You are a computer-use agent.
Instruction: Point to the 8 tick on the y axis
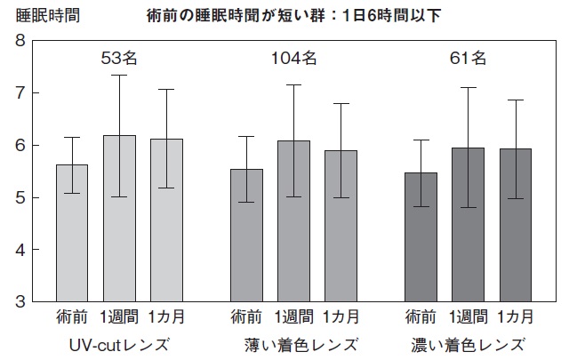click(20, 41)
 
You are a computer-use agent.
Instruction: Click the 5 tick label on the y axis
click(20, 197)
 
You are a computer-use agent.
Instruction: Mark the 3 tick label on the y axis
click(20, 301)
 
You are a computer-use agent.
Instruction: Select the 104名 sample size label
click(293, 59)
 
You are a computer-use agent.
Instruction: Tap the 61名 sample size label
click(468, 59)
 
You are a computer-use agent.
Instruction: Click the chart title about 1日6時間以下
click(293, 14)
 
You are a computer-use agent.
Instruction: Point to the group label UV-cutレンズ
click(118, 343)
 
